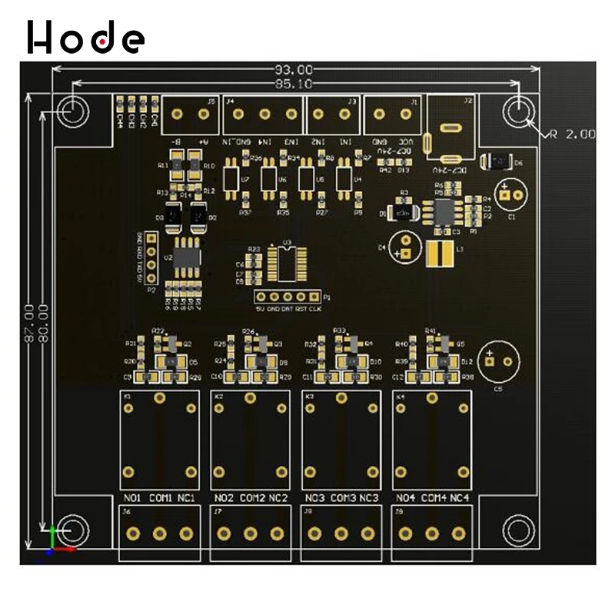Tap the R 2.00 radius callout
tap(570, 134)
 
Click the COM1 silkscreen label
tap(161, 498)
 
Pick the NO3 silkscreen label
tap(314, 498)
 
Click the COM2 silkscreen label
tap(251, 498)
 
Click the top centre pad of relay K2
tap(249, 397)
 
